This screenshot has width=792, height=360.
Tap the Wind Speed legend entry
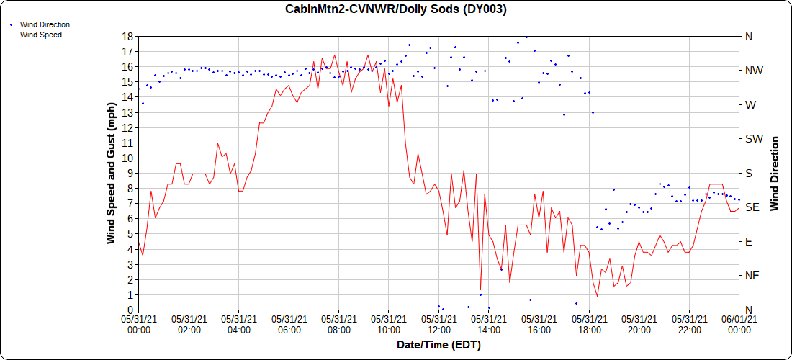point(40,34)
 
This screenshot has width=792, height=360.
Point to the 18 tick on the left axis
point(126,36)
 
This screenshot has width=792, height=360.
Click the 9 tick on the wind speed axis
point(128,173)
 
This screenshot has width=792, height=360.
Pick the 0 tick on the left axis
point(128,310)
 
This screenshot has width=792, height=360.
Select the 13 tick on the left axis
point(126,112)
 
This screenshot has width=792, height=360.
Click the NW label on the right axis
point(753,71)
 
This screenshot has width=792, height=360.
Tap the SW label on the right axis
point(753,139)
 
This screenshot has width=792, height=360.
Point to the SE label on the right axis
point(752,207)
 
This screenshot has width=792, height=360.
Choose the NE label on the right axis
point(752,276)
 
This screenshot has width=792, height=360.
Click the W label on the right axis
point(750,104)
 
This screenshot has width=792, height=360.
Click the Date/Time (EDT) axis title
point(438,345)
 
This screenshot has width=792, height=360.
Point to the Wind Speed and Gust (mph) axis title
point(111,173)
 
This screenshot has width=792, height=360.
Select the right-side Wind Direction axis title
point(775,173)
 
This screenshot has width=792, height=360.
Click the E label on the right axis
point(748,242)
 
